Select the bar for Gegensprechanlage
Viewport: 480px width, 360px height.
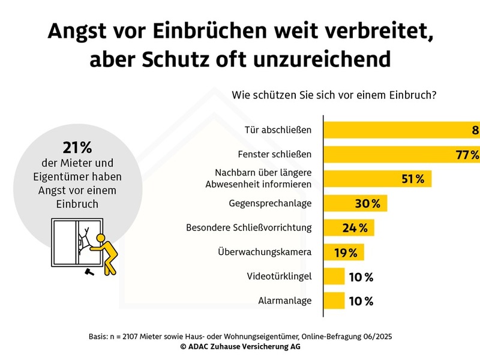(356, 203)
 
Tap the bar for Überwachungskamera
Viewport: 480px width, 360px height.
(344, 252)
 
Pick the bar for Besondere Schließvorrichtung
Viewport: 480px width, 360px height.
(349, 228)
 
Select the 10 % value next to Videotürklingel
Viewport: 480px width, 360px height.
(361, 277)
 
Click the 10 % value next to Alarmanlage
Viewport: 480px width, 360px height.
(361, 301)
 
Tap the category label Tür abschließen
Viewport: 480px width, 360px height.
(279, 130)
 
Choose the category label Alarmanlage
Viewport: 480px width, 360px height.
(285, 301)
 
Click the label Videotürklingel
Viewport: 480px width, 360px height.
(280, 277)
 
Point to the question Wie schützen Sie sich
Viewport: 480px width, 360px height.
(333, 95)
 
